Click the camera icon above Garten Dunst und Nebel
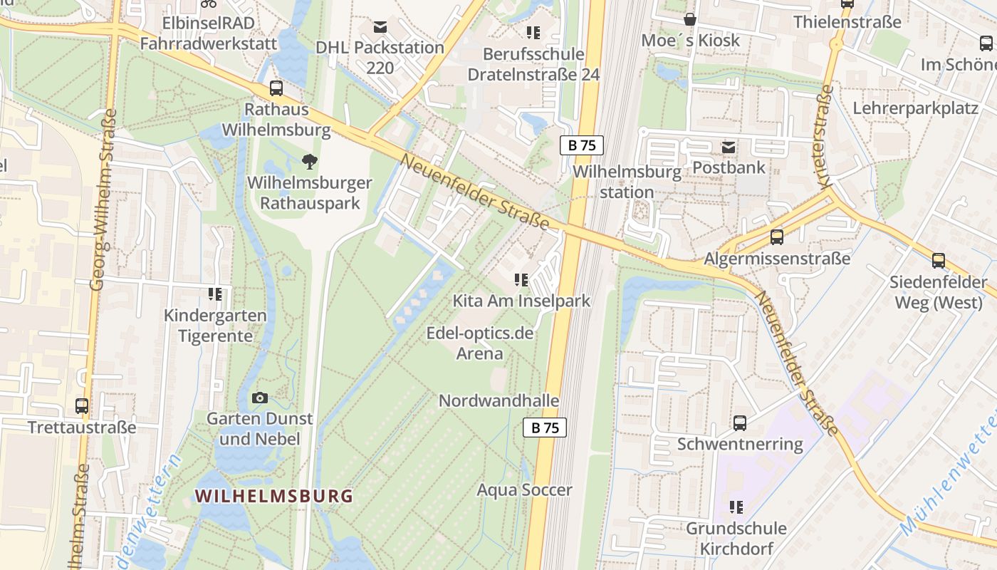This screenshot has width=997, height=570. coord(260,398)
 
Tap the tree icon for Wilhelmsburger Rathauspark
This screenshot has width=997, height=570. coord(309,162)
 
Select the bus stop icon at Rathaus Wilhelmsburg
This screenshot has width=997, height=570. coord(276,89)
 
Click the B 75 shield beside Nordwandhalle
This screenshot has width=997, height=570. coord(545,427)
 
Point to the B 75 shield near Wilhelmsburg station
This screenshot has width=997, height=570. coord(581,145)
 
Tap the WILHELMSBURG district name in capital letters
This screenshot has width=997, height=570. coord(274,496)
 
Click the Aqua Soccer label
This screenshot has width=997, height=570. coord(524,490)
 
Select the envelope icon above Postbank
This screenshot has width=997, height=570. coord(729,147)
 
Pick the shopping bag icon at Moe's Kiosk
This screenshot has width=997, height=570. coord(689,19)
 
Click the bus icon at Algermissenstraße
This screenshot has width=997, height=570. coord(776,237)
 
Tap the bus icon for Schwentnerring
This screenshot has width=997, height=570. coord(740,423)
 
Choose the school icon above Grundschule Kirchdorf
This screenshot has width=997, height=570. coord(736,507)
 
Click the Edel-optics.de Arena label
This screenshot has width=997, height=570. coord(479,343)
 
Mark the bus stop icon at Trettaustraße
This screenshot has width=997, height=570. coord(82,406)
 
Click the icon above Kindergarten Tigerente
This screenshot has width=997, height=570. coord(215,294)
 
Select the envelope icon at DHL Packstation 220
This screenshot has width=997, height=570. coord(380,27)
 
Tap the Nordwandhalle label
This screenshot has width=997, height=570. coord(499,400)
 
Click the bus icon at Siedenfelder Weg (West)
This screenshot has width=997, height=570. coord(938,261)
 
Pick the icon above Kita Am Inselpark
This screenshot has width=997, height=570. coord(521,280)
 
